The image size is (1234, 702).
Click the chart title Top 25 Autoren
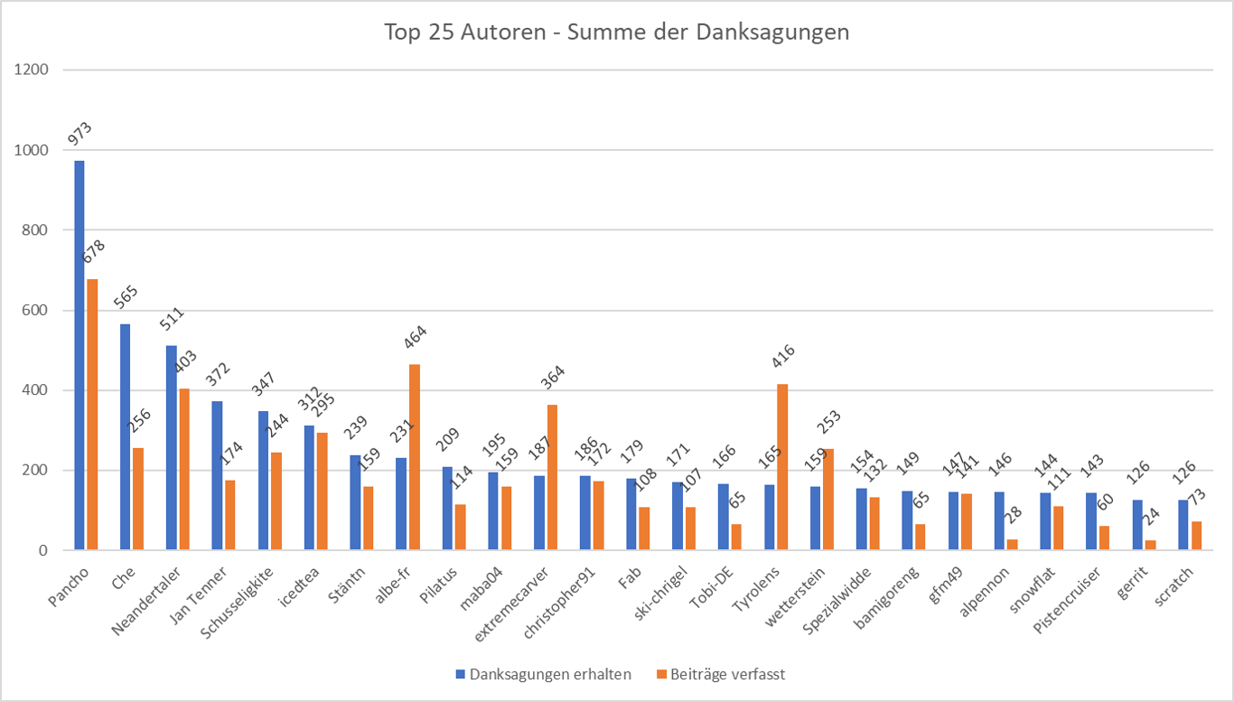coord(616,33)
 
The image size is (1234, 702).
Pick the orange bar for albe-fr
coord(414,457)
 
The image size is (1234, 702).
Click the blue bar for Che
coord(126,437)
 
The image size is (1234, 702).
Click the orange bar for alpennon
coord(1011,545)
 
